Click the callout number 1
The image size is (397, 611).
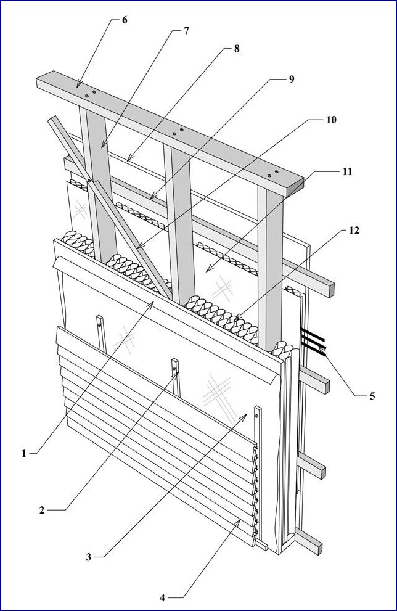click(x=25, y=453)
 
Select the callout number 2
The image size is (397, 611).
click(x=41, y=510)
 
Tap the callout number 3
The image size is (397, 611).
click(x=89, y=557)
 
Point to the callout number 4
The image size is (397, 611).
click(x=162, y=597)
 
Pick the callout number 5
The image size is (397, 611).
click(x=372, y=396)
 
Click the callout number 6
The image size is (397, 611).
click(x=125, y=20)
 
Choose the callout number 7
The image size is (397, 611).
click(x=186, y=31)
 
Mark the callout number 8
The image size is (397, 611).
click(x=236, y=49)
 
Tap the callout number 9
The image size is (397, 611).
click(x=291, y=79)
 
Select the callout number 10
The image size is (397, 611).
click(x=331, y=120)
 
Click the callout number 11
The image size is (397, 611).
click(x=348, y=171)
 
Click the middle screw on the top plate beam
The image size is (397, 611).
click(x=181, y=131)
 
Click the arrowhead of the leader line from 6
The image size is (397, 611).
click(x=78, y=86)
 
